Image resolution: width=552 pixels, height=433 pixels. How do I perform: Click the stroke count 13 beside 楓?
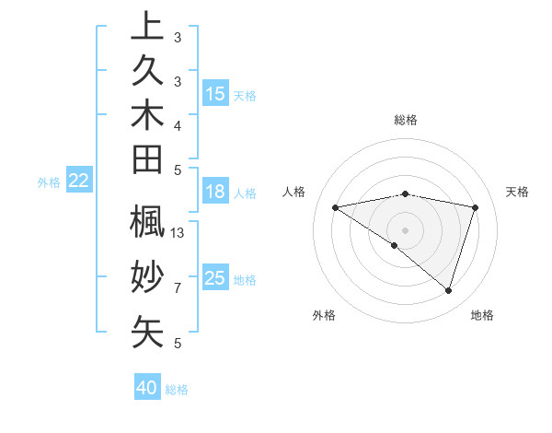coord(178,233)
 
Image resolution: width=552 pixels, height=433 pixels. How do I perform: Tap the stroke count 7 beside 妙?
coord(178,288)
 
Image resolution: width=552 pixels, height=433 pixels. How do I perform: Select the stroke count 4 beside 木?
coord(178,124)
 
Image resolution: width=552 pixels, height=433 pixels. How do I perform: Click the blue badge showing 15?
coord(215,93)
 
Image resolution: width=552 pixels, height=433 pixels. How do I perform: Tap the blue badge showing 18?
coord(215,193)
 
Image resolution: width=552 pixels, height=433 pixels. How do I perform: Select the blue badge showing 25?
coord(215,278)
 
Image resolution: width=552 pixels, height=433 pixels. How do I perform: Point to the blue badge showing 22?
coord(79,181)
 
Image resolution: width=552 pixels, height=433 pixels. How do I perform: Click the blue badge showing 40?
coord(147,389)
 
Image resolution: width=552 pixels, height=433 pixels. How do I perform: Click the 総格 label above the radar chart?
coord(406,120)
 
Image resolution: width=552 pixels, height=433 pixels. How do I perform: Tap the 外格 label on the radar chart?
coord(324,315)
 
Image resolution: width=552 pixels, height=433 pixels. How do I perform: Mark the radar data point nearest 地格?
coord(448,290)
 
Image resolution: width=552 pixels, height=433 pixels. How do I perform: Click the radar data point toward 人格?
coord(336,207)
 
